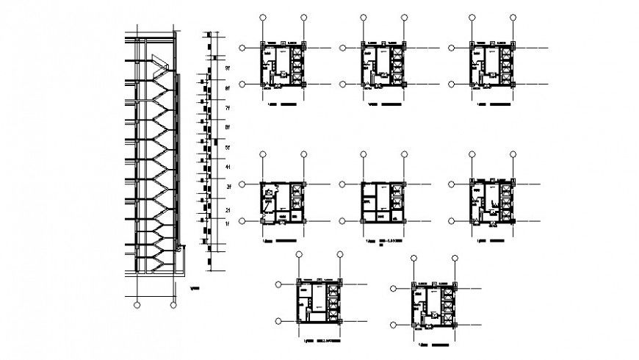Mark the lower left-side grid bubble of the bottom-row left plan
click(280, 320)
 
